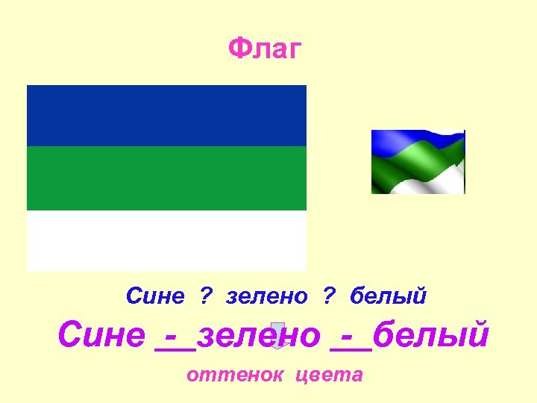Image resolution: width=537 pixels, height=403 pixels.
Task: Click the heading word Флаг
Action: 265,50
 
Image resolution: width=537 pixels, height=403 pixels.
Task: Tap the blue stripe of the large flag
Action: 166,115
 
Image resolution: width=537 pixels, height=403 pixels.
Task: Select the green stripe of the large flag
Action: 166,178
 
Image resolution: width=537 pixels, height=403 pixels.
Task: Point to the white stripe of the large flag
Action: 166,240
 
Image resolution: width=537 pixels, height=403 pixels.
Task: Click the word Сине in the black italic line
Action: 155,296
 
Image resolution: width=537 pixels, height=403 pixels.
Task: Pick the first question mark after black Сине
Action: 204,296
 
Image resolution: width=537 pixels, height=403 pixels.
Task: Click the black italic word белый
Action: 388,296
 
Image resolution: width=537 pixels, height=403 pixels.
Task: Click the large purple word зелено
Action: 260,336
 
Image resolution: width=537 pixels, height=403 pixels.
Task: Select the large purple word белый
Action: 430,336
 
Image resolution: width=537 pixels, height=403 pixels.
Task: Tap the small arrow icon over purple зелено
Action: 277,336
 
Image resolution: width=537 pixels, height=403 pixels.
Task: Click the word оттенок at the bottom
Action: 234,374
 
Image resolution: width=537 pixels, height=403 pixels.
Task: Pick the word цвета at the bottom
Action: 329,374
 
